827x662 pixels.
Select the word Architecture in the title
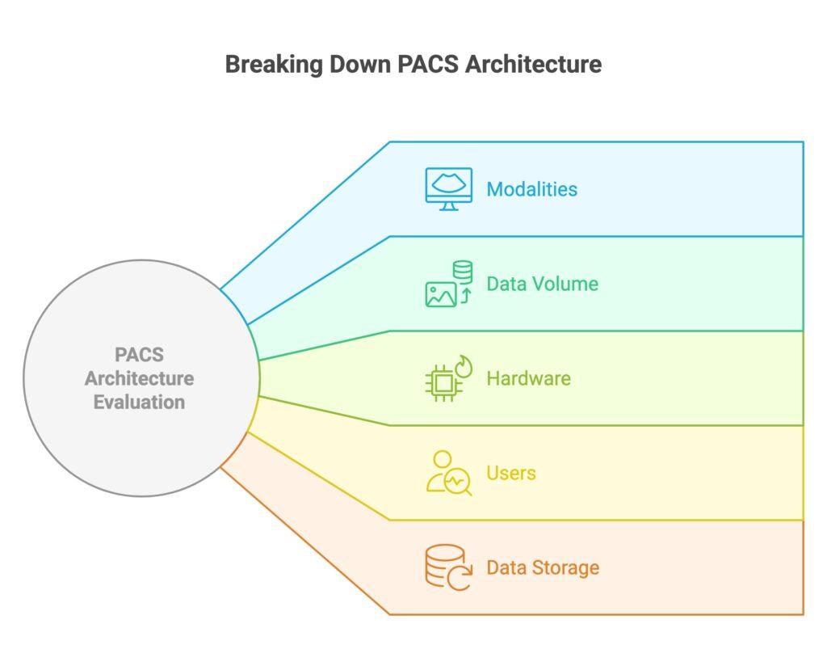click(533, 65)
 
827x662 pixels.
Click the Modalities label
click(531, 189)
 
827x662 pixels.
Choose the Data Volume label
click(542, 284)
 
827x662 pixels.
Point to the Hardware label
click(528, 378)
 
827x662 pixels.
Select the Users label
click(510, 473)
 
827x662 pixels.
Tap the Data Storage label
click(543, 567)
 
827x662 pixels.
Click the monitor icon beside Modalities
click(449, 188)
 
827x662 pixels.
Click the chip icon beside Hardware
click(443, 383)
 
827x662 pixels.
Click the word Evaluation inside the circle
click(139, 402)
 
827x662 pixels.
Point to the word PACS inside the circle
click(139, 355)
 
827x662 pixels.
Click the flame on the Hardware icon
click(464, 366)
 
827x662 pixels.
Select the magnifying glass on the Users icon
click(458, 482)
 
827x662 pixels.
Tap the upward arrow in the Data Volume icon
click(465, 296)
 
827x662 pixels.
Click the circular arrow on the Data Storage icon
click(459, 578)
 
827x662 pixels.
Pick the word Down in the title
click(356, 65)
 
